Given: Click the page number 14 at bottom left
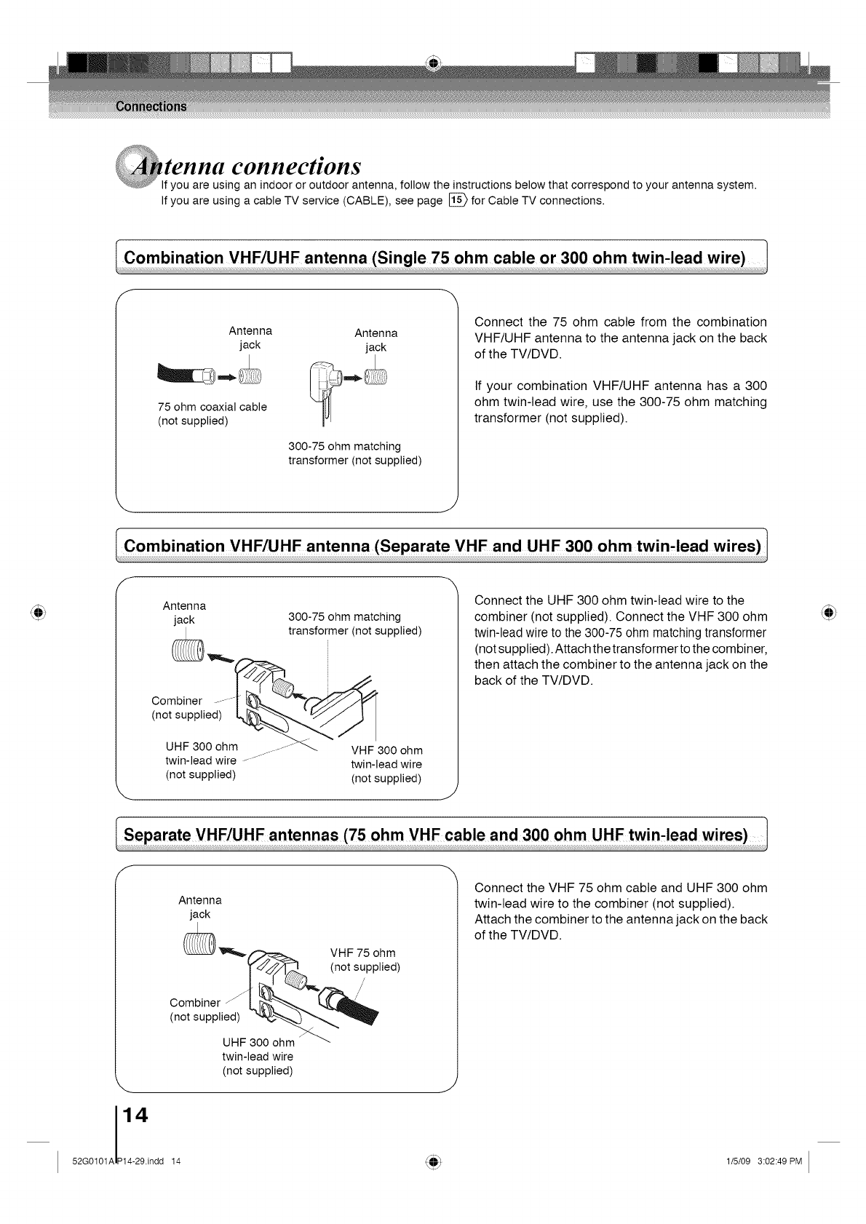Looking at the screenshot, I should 136,1115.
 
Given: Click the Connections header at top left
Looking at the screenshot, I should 151,106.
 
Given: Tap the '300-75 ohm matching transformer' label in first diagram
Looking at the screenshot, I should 355,453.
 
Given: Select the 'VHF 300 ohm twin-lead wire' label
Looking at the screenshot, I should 386,764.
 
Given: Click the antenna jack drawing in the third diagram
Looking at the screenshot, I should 197,945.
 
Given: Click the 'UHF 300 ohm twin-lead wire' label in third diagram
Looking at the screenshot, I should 258,1057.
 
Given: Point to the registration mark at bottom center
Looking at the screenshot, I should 433,1161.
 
